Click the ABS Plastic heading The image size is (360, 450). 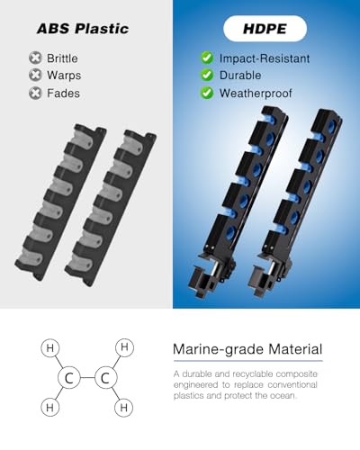(x=83, y=29)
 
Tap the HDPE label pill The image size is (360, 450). (x=265, y=29)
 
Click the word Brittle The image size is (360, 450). (x=62, y=58)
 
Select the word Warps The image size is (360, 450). (x=64, y=76)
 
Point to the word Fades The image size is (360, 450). (x=63, y=93)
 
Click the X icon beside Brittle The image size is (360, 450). (x=35, y=58)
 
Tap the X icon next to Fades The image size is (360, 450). (x=35, y=93)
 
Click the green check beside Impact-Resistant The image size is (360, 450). (x=207, y=58)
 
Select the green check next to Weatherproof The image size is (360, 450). (x=207, y=93)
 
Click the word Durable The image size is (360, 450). (x=240, y=76)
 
